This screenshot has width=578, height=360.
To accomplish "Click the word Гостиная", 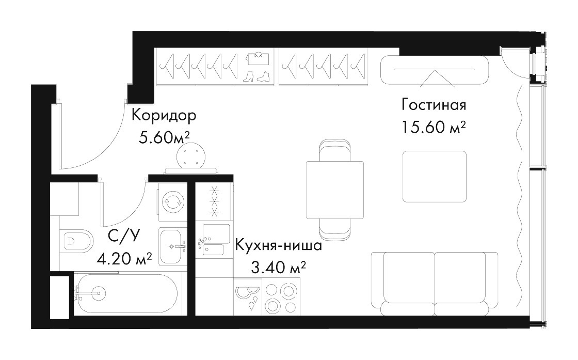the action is pyautogui.click(x=434, y=105).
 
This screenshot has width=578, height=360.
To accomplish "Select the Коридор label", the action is pyautogui.click(x=164, y=116).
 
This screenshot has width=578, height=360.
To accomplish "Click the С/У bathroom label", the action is pyautogui.click(x=124, y=236).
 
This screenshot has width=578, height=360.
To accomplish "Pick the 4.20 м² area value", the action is pyautogui.click(x=124, y=259).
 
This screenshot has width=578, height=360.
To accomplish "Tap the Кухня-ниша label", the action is pyautogui.click(x=278, y=245).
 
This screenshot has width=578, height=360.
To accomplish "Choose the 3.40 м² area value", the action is pyautogui.click(x=278, y=268).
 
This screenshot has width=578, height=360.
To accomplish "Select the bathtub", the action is pyautogui.click(x=127, y=294).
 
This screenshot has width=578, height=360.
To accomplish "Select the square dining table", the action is pyautogui.click(x=335, y=190).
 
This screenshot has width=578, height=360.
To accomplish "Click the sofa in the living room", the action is pyautogui.click(x=435, y=284).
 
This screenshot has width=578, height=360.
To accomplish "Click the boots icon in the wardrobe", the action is pyautogui.click(x=258, y=76).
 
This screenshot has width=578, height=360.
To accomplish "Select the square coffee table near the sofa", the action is pyautogui.click(x=435, y=177).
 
